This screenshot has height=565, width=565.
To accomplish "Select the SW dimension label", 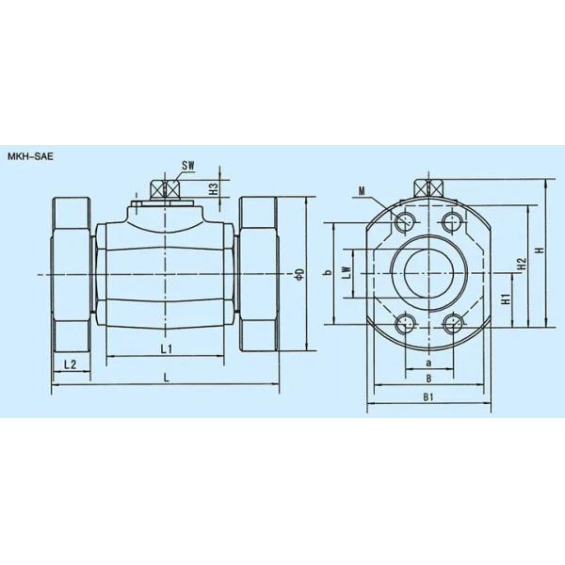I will pos(188,167).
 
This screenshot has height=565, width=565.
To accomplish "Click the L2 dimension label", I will pos(70,363).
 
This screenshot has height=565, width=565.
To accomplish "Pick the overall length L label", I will pos(166,377).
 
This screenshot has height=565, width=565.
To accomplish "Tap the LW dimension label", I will pos(347,273).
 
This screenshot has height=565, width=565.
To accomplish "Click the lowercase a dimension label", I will pos(428,362).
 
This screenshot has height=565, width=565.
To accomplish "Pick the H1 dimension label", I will pos(506,301).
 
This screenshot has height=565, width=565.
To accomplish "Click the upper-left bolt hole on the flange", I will pos(406,222).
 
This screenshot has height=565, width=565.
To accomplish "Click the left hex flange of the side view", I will pos(72,273).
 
